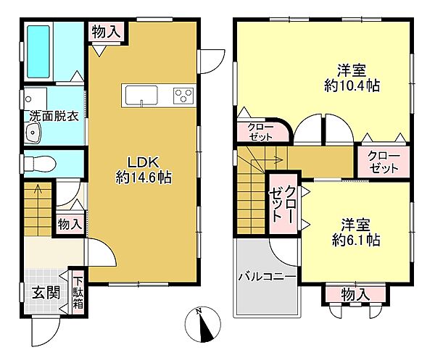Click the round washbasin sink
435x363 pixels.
[x=32, y=133]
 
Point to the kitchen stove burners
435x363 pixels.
[x=182, y=95]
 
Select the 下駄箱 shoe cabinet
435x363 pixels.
[x=77, y=291]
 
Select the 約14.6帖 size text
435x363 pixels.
[x=144, y=177]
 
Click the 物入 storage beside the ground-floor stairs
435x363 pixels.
[x=70, y=225]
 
